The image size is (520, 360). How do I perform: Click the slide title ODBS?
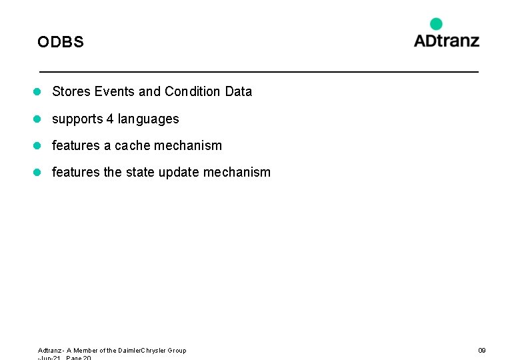pyautogui.click(x=61, y=42)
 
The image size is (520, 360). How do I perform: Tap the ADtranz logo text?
pyautogui.click(x=446, y=40)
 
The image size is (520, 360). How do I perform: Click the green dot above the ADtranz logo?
pyautogui.click(x=436, y=24)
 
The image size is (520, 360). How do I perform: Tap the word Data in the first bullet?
pyautogui.click(x=239, y=92)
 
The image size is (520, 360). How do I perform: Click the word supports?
pyautogui.click(x=77, y=119)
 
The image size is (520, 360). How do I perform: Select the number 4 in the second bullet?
pyautogui.click(x=110, y=119)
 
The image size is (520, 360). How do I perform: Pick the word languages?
pyautogui.click(x=148, y=119)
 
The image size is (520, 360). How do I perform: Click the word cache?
pyautogui.click(x=133, y=145)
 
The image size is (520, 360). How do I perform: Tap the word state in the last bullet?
pyautogui.click(x=140, y=172)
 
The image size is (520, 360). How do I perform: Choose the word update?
pyautogui.click(x=179, y=172)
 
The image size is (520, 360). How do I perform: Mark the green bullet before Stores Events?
pyautogui.click(x=39, y=92)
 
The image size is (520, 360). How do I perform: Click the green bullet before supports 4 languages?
pyautogui.click(x=39, y=119)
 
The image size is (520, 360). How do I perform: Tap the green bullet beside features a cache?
pyautogui.click(x=39, y=145)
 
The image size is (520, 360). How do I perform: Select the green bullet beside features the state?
pyautogui.click(x=39, y=172)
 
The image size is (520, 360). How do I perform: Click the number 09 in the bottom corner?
pyautogui.click(x=481, y=351)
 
